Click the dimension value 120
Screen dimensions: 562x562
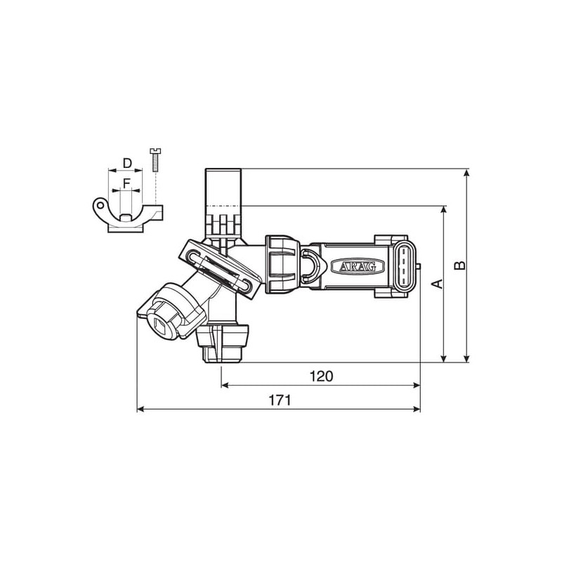click(321, 376)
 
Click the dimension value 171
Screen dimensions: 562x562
click(280, 400)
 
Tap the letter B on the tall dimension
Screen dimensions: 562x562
click(459, 266)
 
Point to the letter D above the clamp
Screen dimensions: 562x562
click(127, 163)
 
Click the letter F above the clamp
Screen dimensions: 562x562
click(126, 184)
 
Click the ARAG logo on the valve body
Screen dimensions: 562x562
click(358, 266)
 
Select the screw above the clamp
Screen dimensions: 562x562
click(155, 159)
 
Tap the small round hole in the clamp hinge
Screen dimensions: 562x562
click(100, 205)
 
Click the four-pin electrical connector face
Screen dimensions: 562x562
click(405, 266)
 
